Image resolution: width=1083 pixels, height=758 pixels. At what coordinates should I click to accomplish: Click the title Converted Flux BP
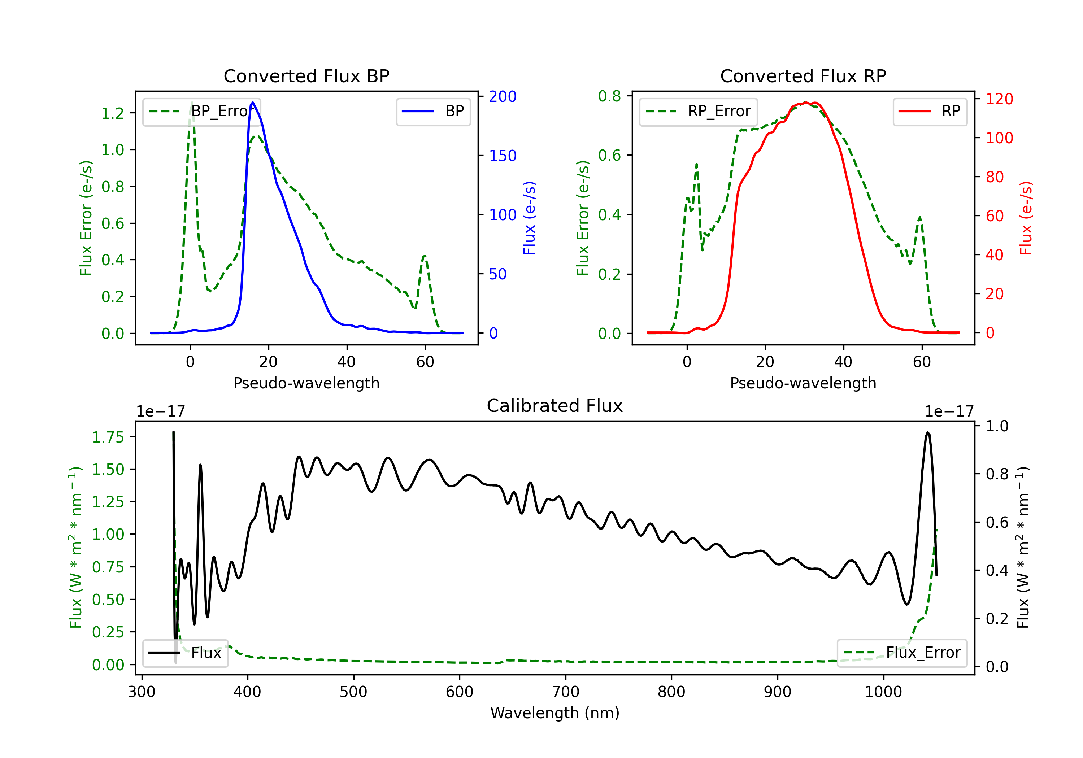click(306, 76)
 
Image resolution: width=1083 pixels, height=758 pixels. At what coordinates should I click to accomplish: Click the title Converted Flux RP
click(803, 76)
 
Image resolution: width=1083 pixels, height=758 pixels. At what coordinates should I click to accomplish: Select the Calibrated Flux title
click(555, 406)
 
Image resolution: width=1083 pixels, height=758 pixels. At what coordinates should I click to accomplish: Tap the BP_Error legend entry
click(201, 111)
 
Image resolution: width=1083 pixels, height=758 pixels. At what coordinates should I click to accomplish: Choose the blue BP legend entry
click(433, 111)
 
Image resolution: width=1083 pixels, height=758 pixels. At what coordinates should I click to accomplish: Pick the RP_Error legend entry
click(698, 111)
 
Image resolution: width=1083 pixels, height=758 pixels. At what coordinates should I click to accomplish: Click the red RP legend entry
click(930, 111)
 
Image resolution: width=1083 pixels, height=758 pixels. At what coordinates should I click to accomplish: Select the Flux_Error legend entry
click(902, 653)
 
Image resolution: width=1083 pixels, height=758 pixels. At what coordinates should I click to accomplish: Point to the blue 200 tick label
click(503, 96)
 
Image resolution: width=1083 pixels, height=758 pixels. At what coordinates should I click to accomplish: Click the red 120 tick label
click(999, 99)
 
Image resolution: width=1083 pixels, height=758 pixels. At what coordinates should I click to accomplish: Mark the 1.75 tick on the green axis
click(108, 437)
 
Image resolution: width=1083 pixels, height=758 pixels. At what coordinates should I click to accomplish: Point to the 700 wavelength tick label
click(566, 692)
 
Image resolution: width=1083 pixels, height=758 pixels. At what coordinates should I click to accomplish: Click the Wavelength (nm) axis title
click(555, 713)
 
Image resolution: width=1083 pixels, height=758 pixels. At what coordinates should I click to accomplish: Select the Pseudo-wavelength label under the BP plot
click(306, 383)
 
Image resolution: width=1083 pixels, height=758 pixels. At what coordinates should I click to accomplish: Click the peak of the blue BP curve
click(253, 103)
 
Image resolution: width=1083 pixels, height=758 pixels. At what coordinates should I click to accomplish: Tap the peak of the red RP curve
click(806, 103)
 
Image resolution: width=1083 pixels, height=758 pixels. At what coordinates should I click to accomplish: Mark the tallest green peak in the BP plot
click(191, 103)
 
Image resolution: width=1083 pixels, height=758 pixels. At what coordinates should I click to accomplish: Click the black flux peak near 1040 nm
click(928, 432)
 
